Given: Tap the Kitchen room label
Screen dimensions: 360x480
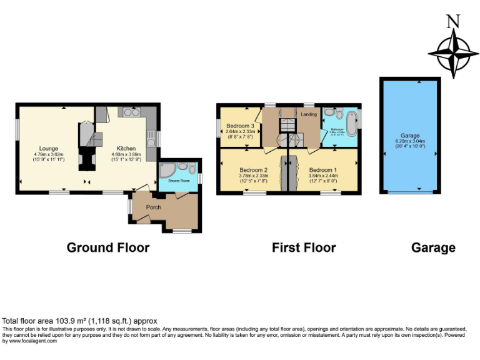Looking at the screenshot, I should point(126,148).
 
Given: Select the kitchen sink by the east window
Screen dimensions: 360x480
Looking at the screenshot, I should point(150,137).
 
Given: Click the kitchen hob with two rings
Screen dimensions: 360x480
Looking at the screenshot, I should point(131,112).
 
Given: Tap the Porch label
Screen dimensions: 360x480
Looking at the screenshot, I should point(154,206).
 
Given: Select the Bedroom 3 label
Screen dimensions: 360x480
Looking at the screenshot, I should point(240,126).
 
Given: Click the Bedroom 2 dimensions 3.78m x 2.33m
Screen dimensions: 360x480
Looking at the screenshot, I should point(253,176).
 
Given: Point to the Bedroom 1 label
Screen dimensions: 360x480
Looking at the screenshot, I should point(322,170).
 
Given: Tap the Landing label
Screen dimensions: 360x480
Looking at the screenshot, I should point(309,114).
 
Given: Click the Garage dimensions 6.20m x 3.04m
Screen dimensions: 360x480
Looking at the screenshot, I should point(410,141).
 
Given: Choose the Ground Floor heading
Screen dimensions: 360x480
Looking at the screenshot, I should point(108,248).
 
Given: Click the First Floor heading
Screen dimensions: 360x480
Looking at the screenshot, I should point(304,248).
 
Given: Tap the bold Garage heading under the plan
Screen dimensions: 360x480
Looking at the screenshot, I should point(433,248).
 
